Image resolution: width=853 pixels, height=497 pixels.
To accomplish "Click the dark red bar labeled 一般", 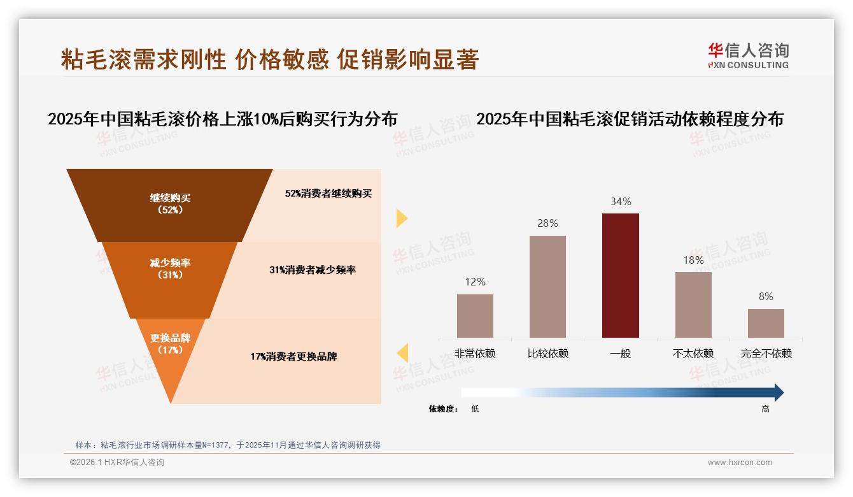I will point(620,275).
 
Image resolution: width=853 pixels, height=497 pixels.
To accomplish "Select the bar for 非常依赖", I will point(475,315).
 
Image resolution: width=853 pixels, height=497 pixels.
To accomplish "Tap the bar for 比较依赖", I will point(547,286).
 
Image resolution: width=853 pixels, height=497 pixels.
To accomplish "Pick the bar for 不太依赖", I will point(693,305).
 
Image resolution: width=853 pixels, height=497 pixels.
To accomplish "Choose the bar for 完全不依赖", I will point(766,323).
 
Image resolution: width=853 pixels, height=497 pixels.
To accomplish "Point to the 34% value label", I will point(621,201).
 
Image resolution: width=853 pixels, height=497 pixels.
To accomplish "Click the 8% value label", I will point(766,296).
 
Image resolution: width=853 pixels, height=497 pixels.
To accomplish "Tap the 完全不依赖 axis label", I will point(766,353).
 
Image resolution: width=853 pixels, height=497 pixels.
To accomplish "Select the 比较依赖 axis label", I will point(547,353).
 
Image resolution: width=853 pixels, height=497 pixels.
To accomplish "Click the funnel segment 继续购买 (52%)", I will point(170,204).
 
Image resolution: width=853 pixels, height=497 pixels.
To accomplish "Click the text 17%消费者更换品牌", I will point(293,356).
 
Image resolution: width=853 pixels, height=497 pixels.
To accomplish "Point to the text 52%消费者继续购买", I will point(328,193).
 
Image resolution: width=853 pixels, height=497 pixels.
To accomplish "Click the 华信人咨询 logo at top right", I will point(748,55).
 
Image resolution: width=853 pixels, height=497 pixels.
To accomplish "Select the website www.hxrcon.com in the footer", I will point(740,463).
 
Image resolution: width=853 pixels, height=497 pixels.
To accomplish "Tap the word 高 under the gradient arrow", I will point(765,409).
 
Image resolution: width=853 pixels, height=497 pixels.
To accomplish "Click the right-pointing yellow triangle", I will point(401,218).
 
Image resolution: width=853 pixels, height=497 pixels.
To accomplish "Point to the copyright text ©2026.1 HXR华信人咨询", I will point(117,463).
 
